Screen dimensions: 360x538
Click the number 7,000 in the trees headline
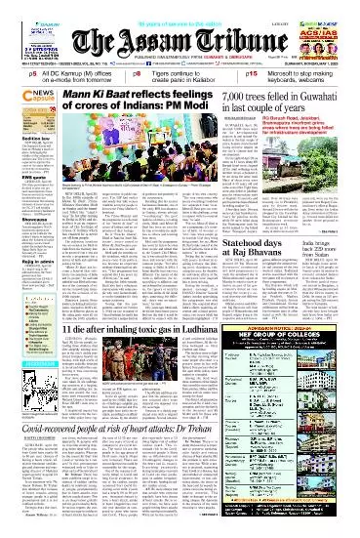[238, 97]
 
